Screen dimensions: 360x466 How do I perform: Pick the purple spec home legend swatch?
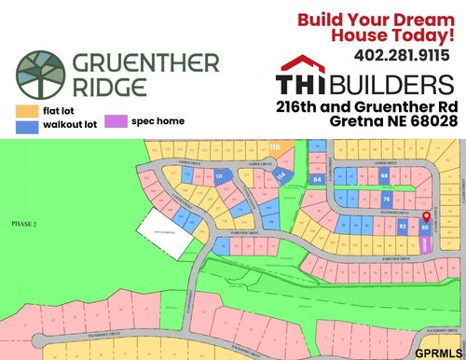pyautogui.click(x=116, y=121)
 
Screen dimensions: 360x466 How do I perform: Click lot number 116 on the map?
pyautogui.click(x=274, y=147)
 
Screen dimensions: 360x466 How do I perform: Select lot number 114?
pyautogui.click(x=281, y=174)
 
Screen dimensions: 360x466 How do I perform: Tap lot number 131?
pyautogui.click(x=219, y=175)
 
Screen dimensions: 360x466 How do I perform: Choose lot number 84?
pyautogui.click(x=317, y=178)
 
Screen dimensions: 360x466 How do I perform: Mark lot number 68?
pyautogui.click(x=384, y=174)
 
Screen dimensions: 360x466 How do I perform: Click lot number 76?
pyautogui.click(x=387, y=200)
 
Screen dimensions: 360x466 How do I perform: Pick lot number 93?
pyautogui.click(x=403, y=226)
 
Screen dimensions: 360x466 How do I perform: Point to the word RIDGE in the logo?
pyautogui.click(x=109, y=89)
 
